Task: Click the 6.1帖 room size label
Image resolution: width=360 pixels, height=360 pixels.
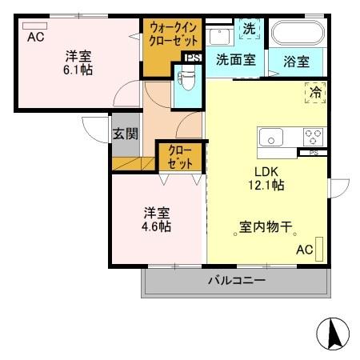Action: (77, 70)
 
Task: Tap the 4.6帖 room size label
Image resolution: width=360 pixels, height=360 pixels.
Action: (156, 226)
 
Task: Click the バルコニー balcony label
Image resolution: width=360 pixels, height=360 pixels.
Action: (237, 280)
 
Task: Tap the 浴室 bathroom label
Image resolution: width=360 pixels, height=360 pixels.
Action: (295, 62)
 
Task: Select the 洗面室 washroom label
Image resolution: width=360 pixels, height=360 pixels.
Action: (236, 59)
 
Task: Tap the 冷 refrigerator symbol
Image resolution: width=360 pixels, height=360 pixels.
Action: (315, 93)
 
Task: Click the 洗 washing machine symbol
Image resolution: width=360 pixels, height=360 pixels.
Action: (249, 29)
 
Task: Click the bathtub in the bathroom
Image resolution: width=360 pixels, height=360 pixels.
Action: (297, 34)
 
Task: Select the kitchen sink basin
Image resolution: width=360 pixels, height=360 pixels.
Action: (273, 138)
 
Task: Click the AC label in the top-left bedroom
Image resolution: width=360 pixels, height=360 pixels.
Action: (36, 37)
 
